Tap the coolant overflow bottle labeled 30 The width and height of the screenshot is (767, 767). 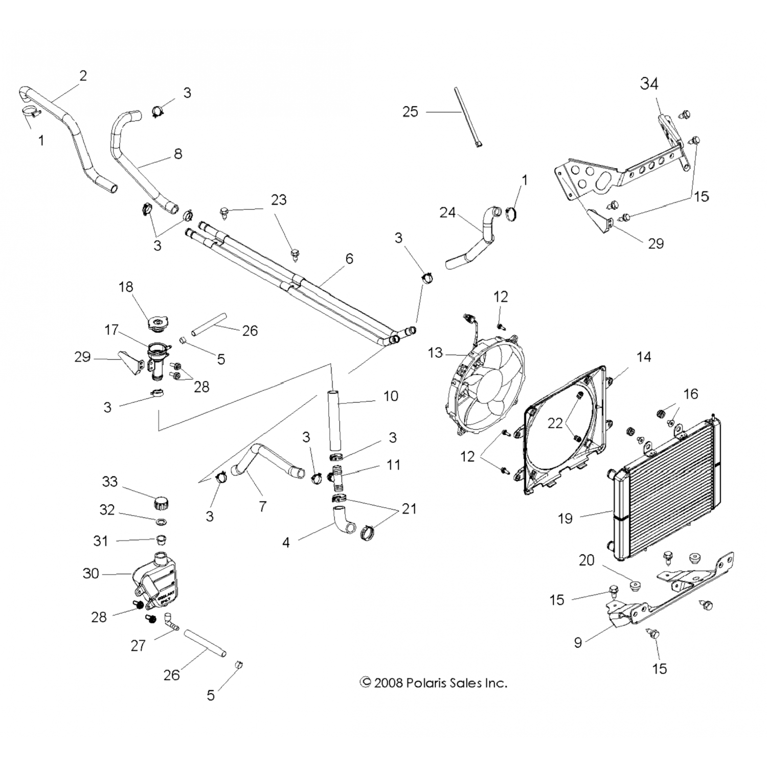point(156,580)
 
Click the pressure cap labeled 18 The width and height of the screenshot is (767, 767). point(156,323)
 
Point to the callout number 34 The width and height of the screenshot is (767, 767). point(649,83)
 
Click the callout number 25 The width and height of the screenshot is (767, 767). point(410,111)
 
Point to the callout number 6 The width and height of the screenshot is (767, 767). point(349,259)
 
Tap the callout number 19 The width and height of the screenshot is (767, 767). point(565,518)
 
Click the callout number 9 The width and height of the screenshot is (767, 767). point(578,642)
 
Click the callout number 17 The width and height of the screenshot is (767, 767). point(111,330)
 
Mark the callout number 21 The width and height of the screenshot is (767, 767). point(409,509)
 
